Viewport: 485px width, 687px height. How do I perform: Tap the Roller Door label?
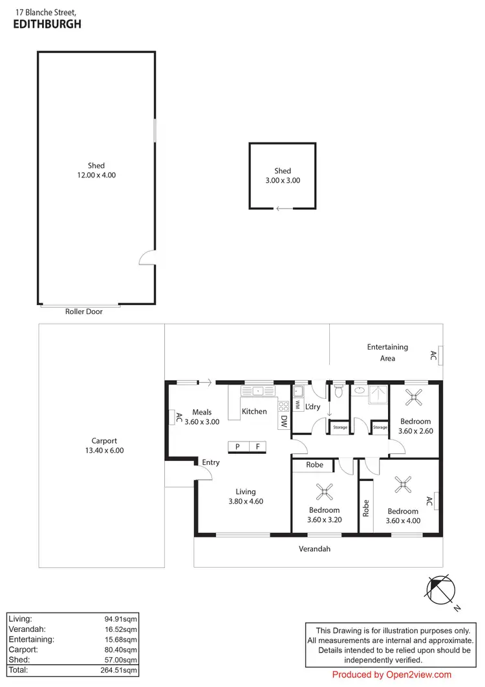pos(84,311)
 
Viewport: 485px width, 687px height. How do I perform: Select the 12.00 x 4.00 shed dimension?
pos(96,175)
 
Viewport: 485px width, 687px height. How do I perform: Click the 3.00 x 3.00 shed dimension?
pos(283,181)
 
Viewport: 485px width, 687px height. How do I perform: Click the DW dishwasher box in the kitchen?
pos(284,422)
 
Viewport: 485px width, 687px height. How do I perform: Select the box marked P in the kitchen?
pos(238,446)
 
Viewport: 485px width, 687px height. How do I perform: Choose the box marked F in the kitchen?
pos(257,446)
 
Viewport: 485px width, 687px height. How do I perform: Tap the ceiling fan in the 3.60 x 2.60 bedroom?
pos(414,398)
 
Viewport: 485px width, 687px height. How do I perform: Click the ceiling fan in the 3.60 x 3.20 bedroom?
pos(323,492)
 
